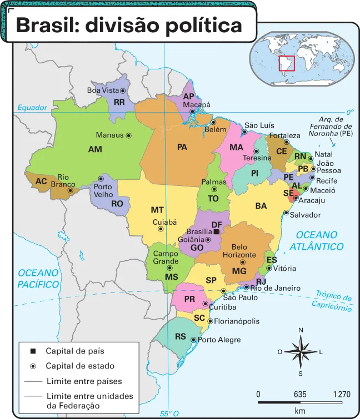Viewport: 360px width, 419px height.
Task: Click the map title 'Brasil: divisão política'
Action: click(x=129, y=26)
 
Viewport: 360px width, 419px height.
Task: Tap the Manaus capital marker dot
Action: click(x=129, y=135)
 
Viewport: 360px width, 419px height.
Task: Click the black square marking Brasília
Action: click(x=216, y=231)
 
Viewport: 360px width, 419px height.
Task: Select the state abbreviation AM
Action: click(x=95, y=149)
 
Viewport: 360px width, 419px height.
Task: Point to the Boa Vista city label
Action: click(x=103, y=90)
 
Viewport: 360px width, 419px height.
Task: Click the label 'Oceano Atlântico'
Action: click(x=319, y=240)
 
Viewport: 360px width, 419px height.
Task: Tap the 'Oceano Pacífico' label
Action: click(x=38, y=278)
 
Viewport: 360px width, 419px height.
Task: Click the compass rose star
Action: click(x=301, y=352)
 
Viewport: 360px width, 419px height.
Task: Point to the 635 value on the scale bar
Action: click(x=300, y=395)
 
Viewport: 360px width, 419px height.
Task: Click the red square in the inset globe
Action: click(x=286, y=64)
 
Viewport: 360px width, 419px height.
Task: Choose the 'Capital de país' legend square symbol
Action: click(x=33, y=351)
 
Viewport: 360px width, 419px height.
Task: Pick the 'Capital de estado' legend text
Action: click(x=80, y=366)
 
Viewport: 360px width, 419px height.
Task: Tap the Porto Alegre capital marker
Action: click(x=193, y=340)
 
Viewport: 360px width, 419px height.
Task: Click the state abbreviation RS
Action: click(x=181, y=336)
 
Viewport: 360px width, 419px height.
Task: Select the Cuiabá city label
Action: click(x=164, y=221)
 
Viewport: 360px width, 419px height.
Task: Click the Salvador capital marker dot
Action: click(x=287, y=213)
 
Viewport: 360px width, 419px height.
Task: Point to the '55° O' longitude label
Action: click(x=169, y=413)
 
